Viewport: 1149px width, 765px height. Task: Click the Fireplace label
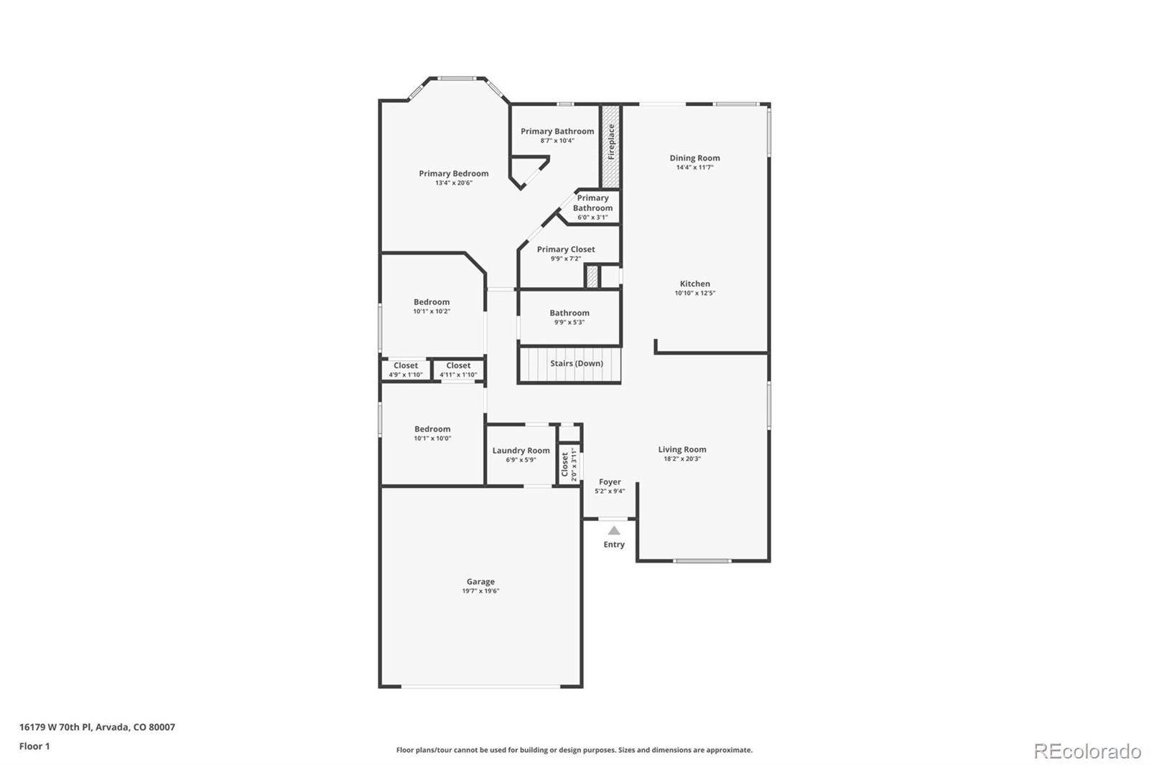click(x=611, y=142)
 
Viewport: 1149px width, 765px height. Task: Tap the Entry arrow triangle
click(x=614, y=531)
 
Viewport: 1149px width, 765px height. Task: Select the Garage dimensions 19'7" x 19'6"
click(x=480, y=591)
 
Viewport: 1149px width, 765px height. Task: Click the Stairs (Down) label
click(x=576, y=363)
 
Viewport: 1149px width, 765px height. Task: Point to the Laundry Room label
click(x=521, y=451)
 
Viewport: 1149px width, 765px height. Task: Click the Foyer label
click(x=610, y=482)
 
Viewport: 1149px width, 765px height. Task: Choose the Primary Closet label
click(x=566, y=249)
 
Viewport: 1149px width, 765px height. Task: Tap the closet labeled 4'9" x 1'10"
click(x=406, y=370)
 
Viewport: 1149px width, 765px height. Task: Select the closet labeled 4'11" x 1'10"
click(x=458, y=370)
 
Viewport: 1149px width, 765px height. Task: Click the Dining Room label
click(x=694, y=158)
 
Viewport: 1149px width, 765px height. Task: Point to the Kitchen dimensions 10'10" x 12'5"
click(x=694, y=293)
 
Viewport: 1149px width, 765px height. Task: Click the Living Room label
click(x=682, y=450)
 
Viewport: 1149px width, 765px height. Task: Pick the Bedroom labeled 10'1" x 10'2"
click(x=432, y=302)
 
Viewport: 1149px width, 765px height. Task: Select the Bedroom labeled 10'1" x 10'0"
click(x=432, y=429)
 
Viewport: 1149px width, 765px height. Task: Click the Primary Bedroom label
click(x=454, y=174)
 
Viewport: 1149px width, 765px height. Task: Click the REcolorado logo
click(x=1087, y=751)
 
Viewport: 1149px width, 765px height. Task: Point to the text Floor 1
click(x=34, y=746)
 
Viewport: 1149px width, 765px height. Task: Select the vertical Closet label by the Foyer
click(x=565, y=464)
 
